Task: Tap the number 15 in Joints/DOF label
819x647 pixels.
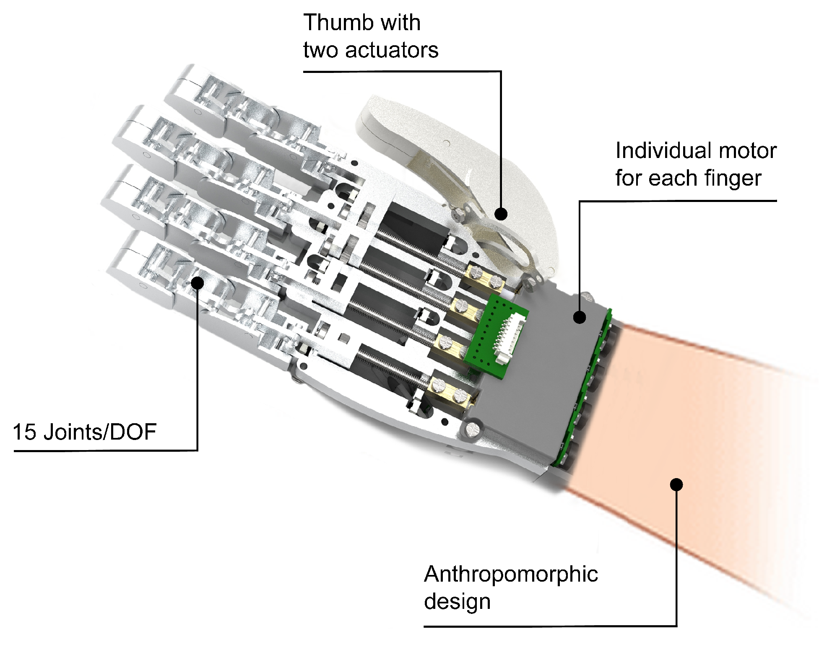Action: point(24,432)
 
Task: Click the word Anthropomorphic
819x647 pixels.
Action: point(510,574)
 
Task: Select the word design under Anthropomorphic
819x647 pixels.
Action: point(457,601)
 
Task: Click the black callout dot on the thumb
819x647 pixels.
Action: point(501,214)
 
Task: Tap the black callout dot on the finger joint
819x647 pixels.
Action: point(197,283)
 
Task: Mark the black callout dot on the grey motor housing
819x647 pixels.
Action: point(579,317)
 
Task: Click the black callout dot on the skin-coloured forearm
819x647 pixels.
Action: point(676,485)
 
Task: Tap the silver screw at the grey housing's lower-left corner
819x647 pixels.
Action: point(472,429)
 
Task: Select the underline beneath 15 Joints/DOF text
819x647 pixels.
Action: point(105,451)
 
